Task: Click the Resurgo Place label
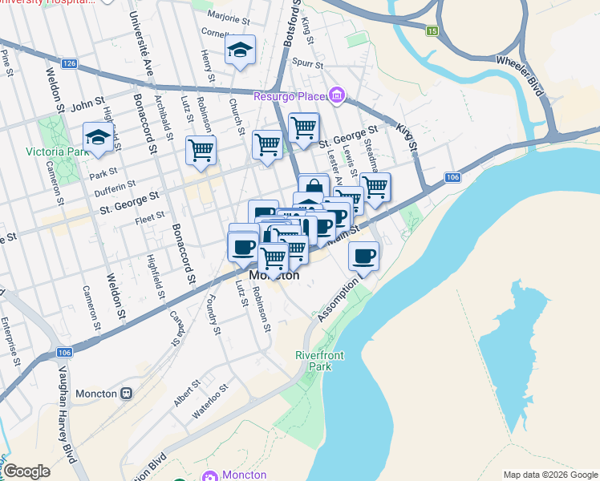[288, 97]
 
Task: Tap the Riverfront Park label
[313, 361]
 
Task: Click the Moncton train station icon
[126, 394]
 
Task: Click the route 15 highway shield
[432, 31]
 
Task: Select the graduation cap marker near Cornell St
[239, 51]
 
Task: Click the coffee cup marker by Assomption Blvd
[364, 257]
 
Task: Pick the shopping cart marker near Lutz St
[201, 150]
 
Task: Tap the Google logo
[26, 471]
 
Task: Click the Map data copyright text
[550, 475]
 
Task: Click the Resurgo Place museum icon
[337, 97]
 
